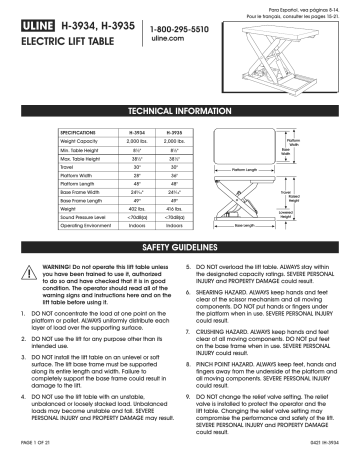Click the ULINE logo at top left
point(33,29)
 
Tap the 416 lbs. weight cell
point(170,206)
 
